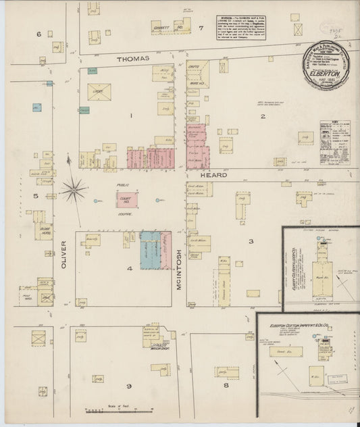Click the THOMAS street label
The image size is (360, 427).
[132, 59]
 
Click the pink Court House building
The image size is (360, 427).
[126, 199]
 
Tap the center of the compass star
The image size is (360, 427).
[73, 190]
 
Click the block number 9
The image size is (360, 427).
[127, 385]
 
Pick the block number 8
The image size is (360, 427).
[226, 385]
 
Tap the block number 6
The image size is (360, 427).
[39, 34]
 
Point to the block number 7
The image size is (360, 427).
[201, 28]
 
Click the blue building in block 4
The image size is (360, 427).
[150, 251]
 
